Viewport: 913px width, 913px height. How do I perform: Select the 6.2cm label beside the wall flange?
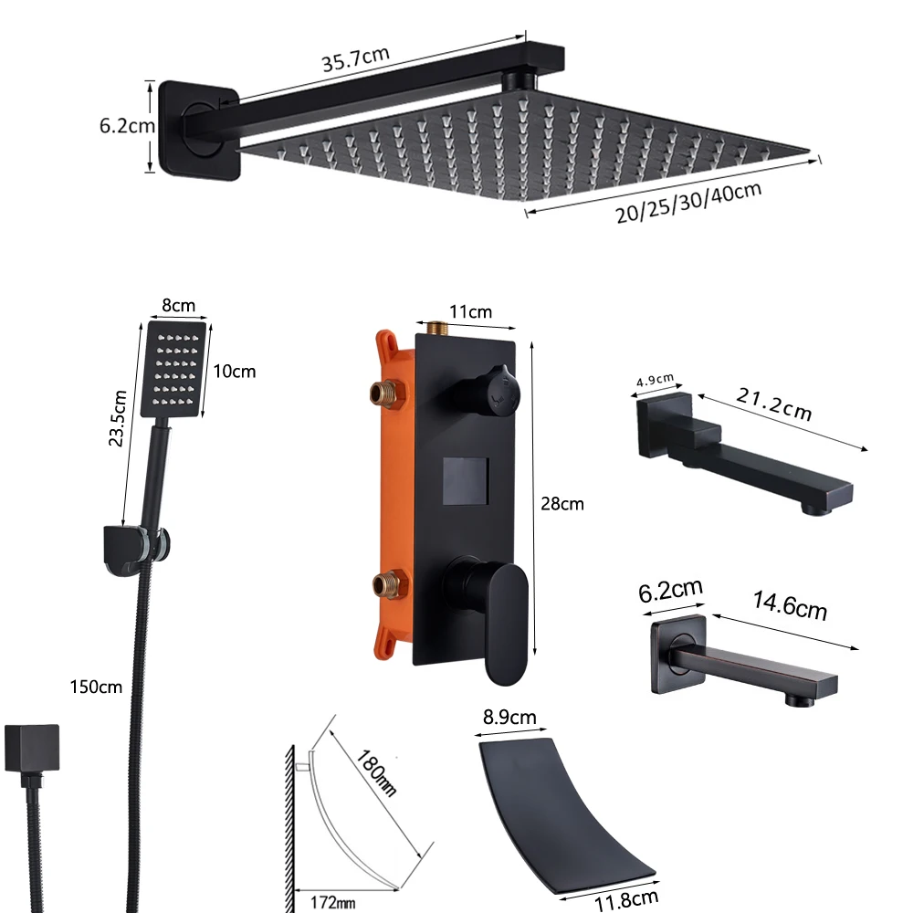pyautogui.click(x=127, y=126)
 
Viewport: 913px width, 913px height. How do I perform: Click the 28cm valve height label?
pyautogui.click(x=562, y=503)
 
